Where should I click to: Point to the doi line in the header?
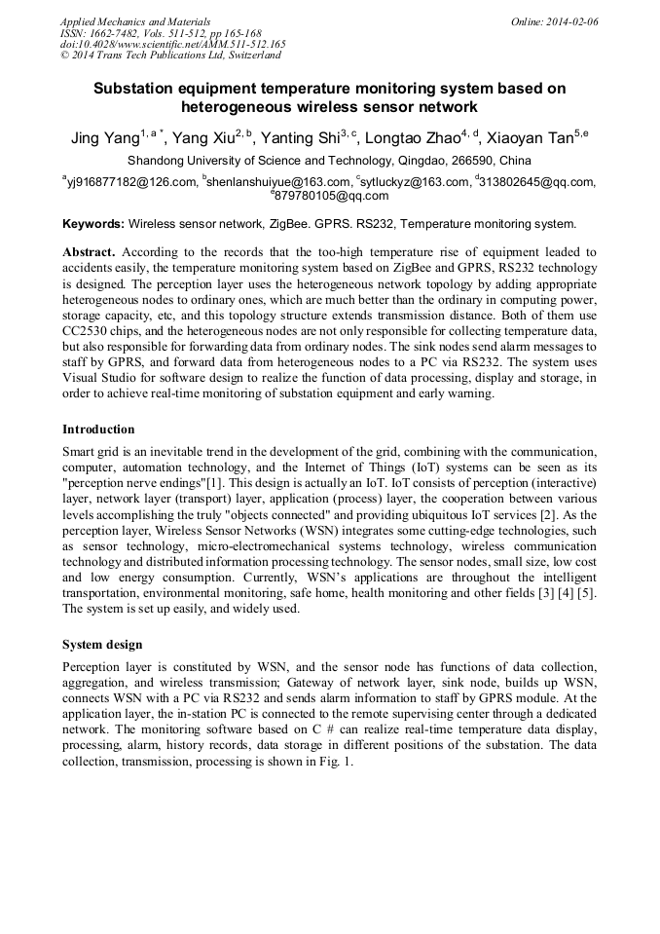172,44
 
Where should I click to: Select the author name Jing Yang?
105,138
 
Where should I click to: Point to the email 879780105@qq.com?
332,195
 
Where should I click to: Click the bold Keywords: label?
93,223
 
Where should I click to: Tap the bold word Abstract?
89,251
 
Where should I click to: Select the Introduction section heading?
98,429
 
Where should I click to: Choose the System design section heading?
102,645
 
